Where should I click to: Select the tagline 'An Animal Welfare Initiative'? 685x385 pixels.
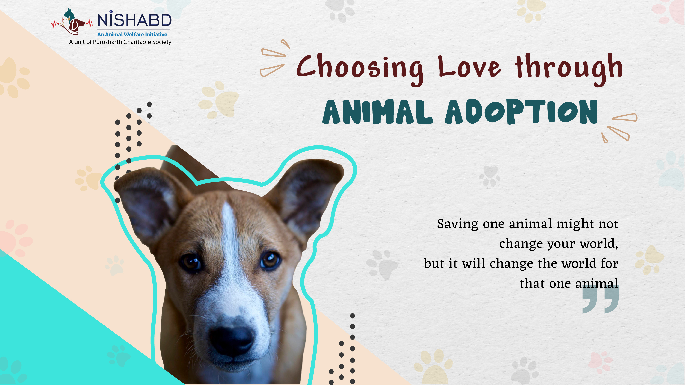(x=132, y=35)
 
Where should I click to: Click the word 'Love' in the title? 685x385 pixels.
(x=469, y=67)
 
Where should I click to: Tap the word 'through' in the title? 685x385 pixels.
(x=569, y=69)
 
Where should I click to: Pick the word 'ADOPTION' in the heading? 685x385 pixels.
(x=521, y=112)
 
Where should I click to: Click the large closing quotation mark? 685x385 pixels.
(x=600, y=299)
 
